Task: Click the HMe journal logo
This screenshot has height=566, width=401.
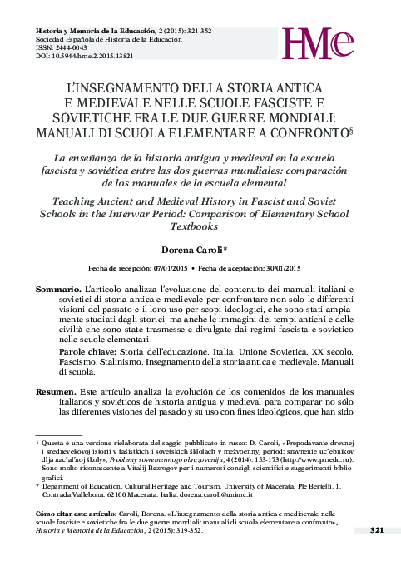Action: point(329,45)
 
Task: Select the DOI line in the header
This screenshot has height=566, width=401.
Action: point(83,57)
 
